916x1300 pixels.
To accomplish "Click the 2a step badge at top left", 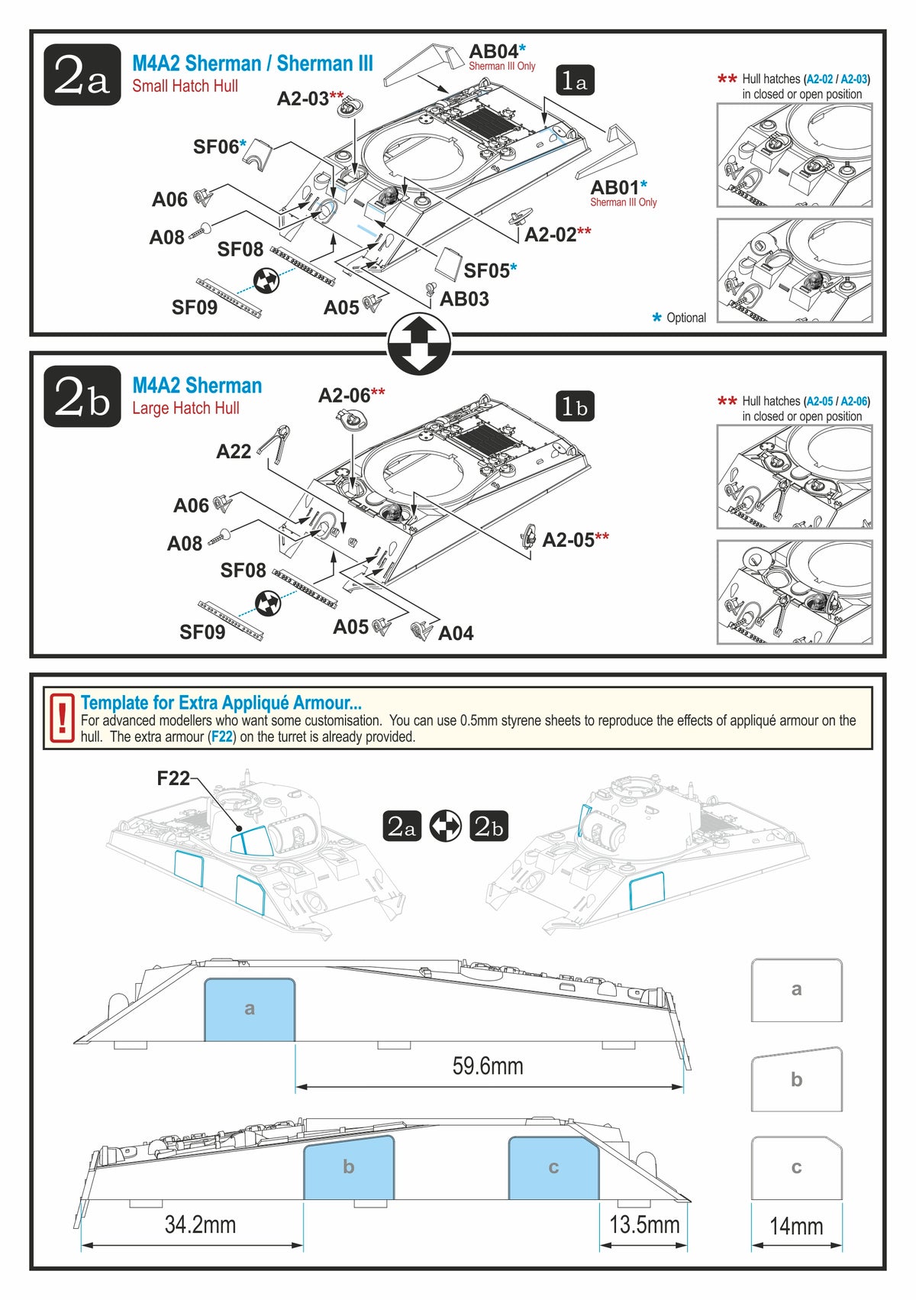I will click(x=82, y=75).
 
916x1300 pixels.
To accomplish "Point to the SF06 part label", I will click(x=217, y=147).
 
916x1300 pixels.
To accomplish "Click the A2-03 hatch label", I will click(x=304, y=99).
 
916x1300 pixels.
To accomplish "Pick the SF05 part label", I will click(x=487, y=271).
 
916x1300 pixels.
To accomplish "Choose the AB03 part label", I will click(x=464, y=299).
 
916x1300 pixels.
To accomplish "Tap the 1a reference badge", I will click(x=574, y=80).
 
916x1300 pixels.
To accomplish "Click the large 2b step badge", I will click(x=82, y=396).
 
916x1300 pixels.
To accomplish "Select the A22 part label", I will click(x=234, y=451).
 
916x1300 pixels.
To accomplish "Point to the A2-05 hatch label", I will click(x=568, y=540).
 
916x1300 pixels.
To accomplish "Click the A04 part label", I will click(x=456, y=633).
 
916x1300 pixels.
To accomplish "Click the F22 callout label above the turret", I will click(x=173, y=778).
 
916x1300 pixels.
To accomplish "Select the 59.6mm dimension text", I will click(x=488, y=1066).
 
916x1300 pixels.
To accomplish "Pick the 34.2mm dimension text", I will click(x=200, y=1224).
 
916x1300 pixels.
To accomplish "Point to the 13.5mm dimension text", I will click(x=644, y=1224).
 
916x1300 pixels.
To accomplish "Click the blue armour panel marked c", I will click(x=553, y=1168).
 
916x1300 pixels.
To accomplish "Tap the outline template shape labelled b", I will click(x=796, y=1079).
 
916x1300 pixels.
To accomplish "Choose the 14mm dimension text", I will click(x=796, y=1226).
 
